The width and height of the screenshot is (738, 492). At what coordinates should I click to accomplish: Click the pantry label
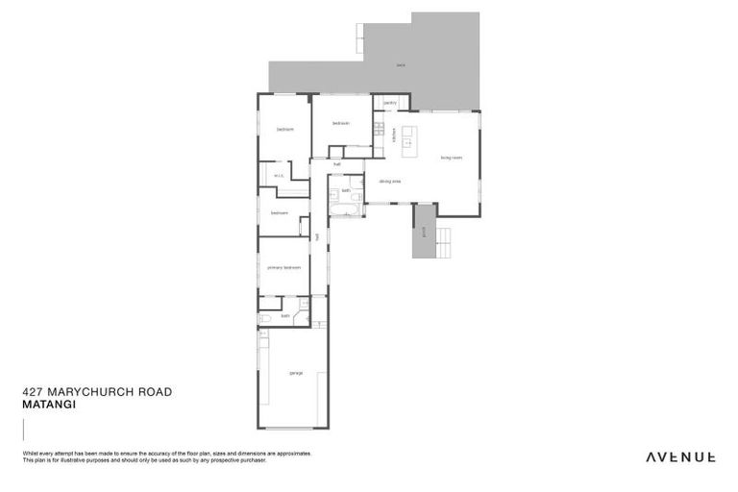pos(390,103)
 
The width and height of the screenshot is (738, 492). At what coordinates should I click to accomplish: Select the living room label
pos(452,158)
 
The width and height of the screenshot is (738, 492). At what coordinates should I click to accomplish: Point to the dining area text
pos(389,181)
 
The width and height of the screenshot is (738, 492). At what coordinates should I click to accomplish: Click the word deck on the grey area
pos(400,65)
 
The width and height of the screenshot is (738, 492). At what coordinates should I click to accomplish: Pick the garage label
pos(296,373)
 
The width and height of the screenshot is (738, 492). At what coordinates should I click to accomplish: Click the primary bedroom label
pos(284,268)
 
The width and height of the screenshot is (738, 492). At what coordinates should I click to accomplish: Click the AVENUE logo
pos(679,457)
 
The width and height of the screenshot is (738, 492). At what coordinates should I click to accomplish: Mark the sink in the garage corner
pos(263,333)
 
